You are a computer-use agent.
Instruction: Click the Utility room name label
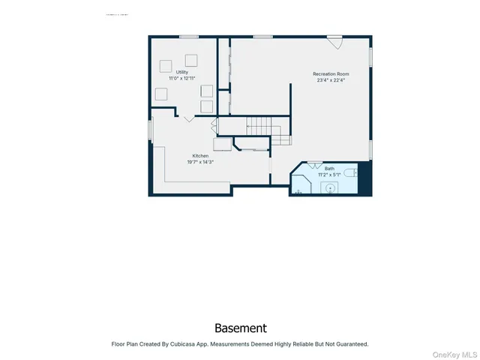tap(182, 72)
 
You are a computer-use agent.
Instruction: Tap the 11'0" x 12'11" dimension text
tap(182, 78)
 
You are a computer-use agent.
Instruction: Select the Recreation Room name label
tap(331, 73)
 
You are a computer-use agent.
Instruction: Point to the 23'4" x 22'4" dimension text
tap(331, 79)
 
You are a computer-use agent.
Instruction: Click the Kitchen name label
tap(200, 156)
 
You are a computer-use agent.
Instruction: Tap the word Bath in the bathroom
tap(329, 169)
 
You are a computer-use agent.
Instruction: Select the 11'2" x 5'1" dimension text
tap(329, 175)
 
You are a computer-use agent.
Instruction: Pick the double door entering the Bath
tap(314, 163)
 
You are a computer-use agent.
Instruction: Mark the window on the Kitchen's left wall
tap(150, 130)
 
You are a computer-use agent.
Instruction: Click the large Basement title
tap(240, 328)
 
